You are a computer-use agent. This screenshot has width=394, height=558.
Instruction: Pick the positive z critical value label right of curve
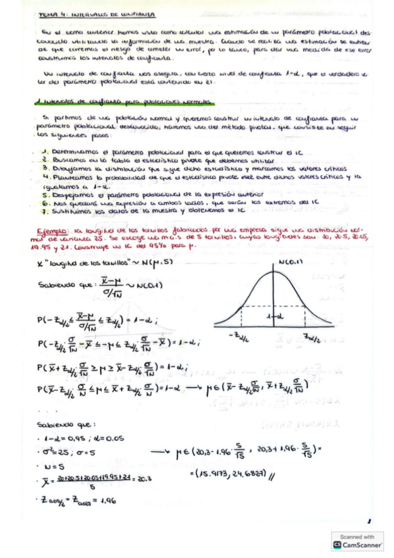pos(311,337)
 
